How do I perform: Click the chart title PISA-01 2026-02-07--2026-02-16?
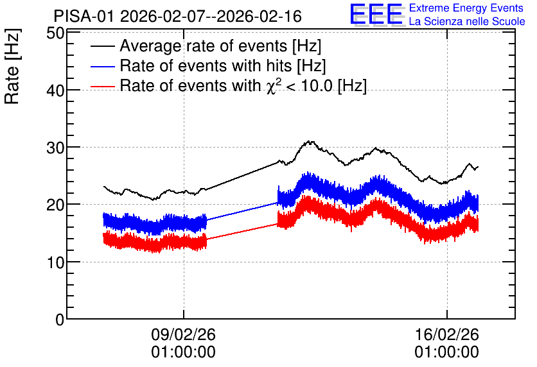pos(178,16)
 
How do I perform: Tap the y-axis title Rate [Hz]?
pos(12,66)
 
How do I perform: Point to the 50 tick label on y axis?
pos(55,33)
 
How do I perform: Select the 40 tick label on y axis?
pos(55,90)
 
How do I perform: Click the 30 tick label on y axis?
pos(55,148)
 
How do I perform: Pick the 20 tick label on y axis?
pos(55,205)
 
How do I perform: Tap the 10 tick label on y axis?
pos(55,262)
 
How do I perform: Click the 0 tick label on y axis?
pos(60,320)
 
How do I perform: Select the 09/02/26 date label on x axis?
pos(184,334)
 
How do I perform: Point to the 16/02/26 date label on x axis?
pos(447,334)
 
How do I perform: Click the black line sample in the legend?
pos(103,46)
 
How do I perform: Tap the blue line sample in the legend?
pos(103,66)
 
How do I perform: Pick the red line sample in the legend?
pos(103,86)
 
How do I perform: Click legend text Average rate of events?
pos(204,46)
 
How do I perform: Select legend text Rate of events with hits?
pos(206,65)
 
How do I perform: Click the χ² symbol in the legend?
pos(272,85)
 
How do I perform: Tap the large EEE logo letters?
pos(376,14)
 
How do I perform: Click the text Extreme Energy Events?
pos(466,8)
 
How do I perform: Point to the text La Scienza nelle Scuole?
pos(467,22)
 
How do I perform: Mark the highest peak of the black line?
pos(310,141)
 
